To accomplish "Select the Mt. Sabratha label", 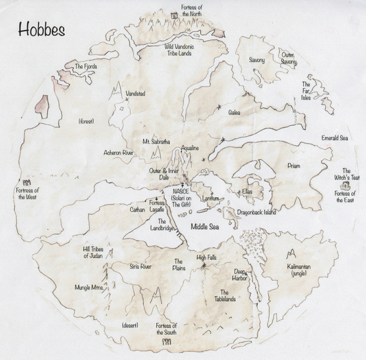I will pyautogui.click(x=156, y=141).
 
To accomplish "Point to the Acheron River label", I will pyautogui.click(x=118, y=153).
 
